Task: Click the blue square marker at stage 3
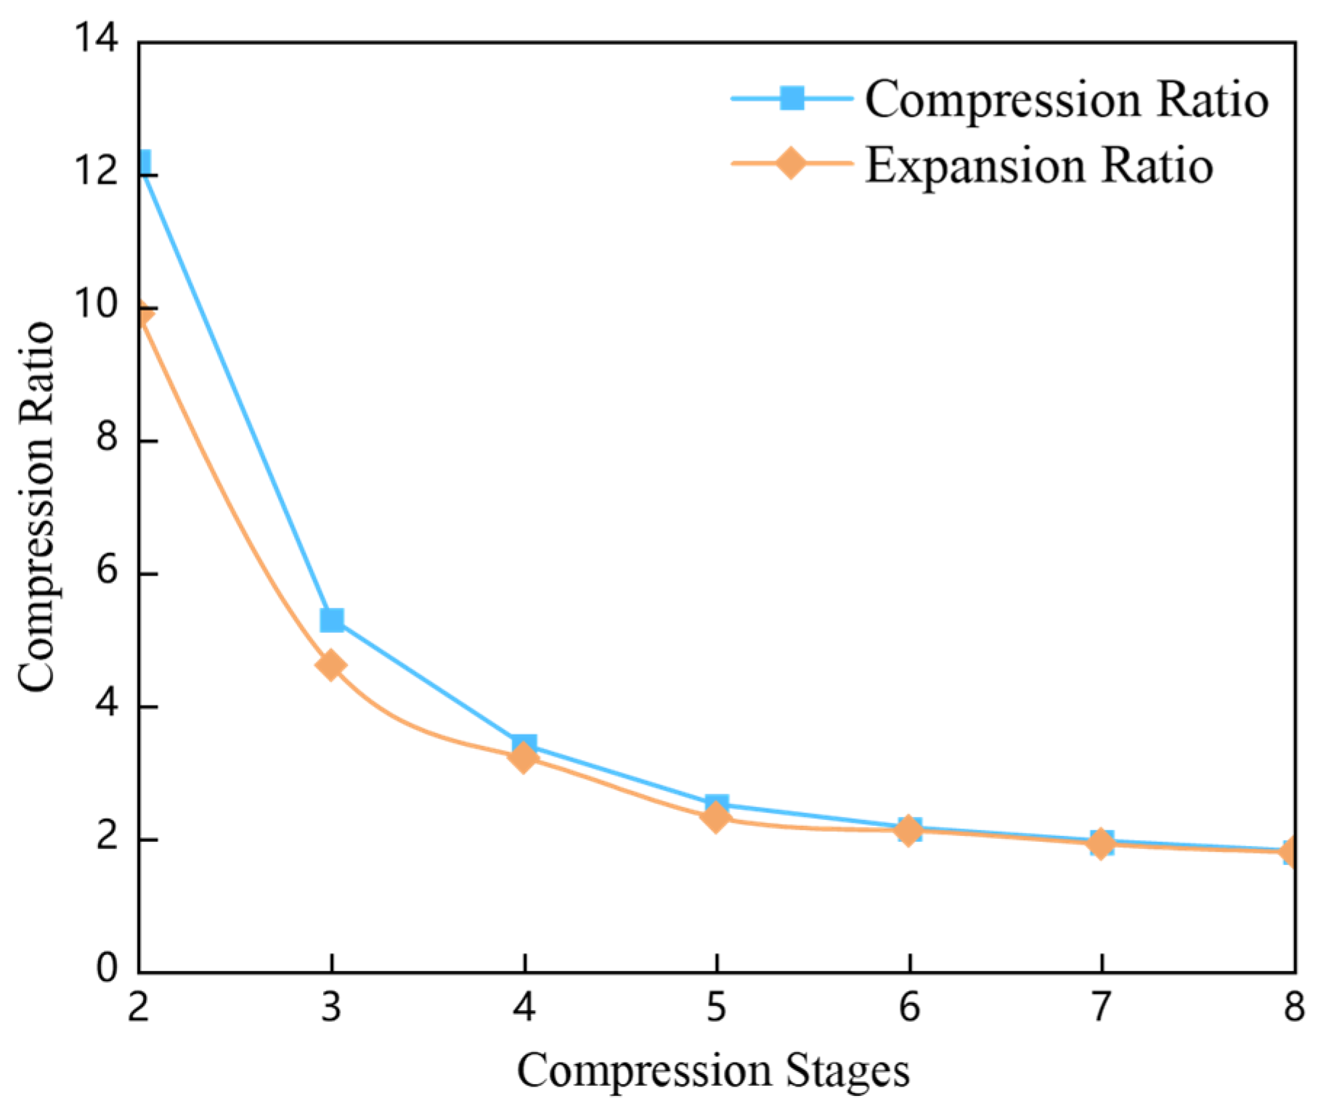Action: point(331,620)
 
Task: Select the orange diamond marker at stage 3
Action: point(331,665)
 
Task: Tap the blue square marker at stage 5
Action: point(716,804)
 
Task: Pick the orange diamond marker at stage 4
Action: point(524,758)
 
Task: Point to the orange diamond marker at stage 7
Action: point(1101,843)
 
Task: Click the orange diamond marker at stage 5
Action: point(716,818)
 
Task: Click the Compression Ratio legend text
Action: point(1066,99)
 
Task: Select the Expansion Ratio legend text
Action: point(1038,165)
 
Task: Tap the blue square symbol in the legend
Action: point(792,97)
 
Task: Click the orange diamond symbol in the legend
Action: point(792,163)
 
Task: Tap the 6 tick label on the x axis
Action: point(909,1007)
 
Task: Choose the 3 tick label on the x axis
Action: point(331,1007)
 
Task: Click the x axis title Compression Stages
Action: point(713,1070)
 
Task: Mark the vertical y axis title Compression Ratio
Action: point(36,506)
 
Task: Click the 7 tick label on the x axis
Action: point(1102,1007)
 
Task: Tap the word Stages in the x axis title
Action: point(847,1071)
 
